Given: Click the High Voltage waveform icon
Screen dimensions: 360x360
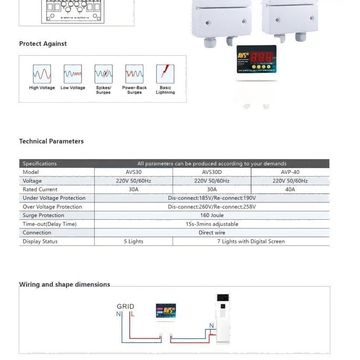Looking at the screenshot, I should point(42,74).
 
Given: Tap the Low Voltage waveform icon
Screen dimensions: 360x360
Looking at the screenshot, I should point(73,74).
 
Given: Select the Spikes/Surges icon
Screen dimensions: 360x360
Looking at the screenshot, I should point(104,74).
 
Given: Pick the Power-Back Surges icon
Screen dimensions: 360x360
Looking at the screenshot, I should point(135,74).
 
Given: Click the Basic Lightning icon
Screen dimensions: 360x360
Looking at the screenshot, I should point(165,74).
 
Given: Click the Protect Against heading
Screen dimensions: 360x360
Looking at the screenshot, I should point(43,44).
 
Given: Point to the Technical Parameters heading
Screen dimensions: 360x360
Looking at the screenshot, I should point(51,141).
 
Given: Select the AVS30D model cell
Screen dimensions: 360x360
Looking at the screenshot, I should point(212,172).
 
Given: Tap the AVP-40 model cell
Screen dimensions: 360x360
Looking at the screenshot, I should point(290,172).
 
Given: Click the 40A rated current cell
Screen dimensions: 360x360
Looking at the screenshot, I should point(290,190).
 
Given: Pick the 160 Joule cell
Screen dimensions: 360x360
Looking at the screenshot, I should point(212,215).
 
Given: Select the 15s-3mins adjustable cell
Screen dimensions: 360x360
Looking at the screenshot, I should point(212,224).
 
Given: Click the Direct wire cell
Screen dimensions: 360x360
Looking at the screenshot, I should point(212,233).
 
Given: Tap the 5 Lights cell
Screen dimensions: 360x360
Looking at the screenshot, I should point(134,241).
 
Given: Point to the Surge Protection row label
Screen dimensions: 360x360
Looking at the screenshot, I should point(43,215).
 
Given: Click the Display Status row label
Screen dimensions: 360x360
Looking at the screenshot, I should point(40,241).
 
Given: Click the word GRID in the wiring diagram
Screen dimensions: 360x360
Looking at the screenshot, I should point(125,306).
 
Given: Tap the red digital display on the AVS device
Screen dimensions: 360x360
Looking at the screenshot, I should point(262,57).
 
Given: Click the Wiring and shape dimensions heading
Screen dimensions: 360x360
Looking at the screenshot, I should point(65,284).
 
